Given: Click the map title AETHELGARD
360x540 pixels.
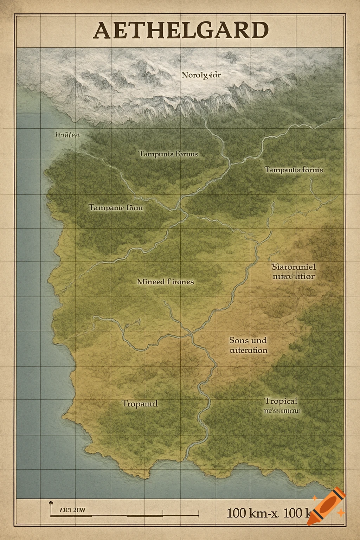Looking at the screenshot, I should pos(181,31).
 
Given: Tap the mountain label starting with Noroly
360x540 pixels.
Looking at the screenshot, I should pos(201,75).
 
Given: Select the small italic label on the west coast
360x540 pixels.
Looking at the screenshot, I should pos(67,135).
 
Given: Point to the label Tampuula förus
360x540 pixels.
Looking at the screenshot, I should pos(168,154).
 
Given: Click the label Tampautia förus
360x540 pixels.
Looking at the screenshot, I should pos(294,170).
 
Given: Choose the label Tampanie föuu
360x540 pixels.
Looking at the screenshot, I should pos(116,207).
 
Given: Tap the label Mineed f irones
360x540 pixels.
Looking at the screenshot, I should pos(165,282).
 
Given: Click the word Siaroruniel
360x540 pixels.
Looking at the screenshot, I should pos(294,267).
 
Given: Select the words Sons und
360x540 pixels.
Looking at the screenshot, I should pos(248,340).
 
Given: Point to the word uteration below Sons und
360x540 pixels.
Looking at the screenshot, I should pos(249,351).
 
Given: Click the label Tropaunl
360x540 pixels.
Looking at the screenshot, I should pos(140,404).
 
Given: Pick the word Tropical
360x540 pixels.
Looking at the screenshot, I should pos(281,401).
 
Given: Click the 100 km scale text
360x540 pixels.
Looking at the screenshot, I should pos(267,513).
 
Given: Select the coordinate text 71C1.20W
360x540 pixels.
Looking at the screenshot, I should pos(72,510).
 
